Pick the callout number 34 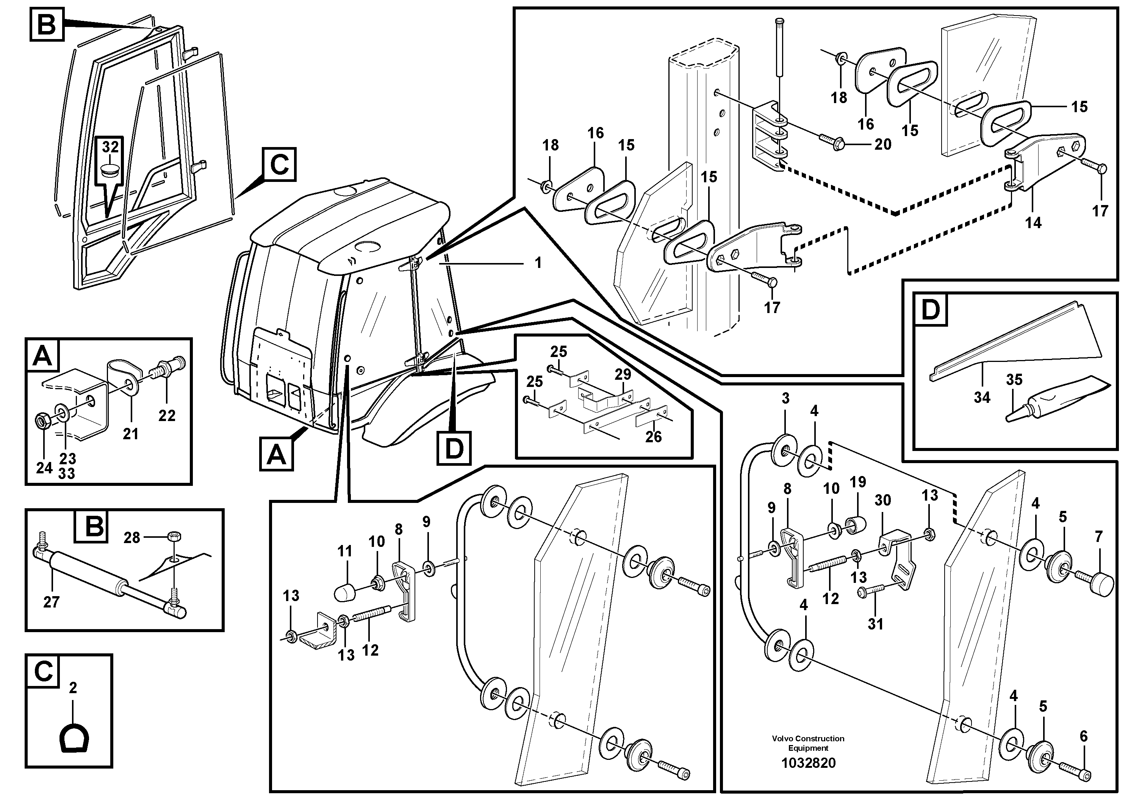[x=982, y=397]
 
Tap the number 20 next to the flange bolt [x=882, y=144]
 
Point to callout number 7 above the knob [x=1099, y=537]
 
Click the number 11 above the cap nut [x=345, y=551]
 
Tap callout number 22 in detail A [x=167, y=416]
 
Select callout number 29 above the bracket [x=623, y=374]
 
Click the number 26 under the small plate [x=653, y=436]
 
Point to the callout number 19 [x=858, y=482]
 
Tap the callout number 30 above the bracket [x=883, y=500]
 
